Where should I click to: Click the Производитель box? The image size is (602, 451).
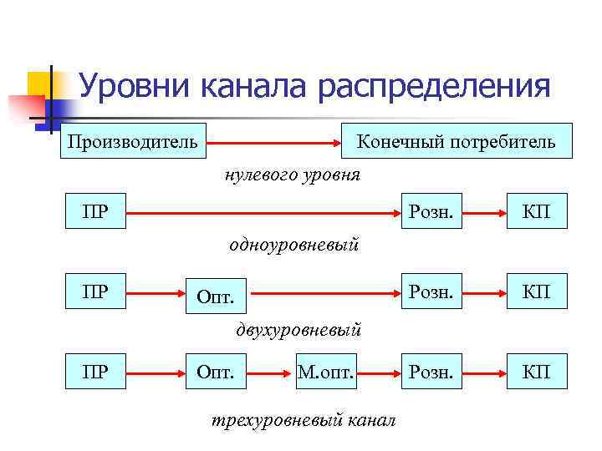[133, 141]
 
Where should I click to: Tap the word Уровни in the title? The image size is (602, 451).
[134, 86]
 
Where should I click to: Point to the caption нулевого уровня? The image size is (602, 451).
[292, 175]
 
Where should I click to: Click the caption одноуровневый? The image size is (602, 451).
[293, 245]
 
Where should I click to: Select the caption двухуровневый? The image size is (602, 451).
[298, 330]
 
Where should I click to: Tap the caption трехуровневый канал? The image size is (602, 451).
[304, 418]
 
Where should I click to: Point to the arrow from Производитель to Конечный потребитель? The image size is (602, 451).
[277, 141]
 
